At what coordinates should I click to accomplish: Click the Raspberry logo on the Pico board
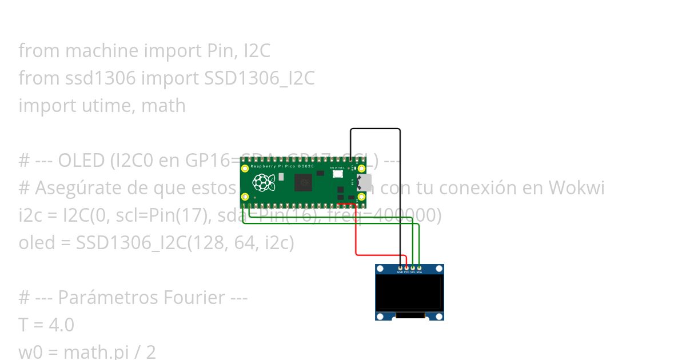[264, 183]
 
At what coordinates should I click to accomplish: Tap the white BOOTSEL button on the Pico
[338, 174]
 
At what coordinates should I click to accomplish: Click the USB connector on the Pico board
[364, 183]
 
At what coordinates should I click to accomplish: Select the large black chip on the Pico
[303, 183]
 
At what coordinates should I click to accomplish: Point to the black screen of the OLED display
[409, 293]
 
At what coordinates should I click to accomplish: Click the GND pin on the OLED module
[400, 267]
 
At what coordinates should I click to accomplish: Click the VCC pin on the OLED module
[406, 267]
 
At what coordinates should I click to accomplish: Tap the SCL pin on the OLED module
[413, 267]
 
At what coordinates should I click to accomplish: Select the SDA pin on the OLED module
[419, 267]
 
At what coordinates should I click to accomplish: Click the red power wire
[356, 234]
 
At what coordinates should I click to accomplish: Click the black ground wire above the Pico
[375, 129]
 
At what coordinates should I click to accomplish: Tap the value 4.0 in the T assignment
[61, 325]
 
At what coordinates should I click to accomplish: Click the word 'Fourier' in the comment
[192, 298]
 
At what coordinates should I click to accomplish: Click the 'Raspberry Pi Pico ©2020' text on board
[275, 166]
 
